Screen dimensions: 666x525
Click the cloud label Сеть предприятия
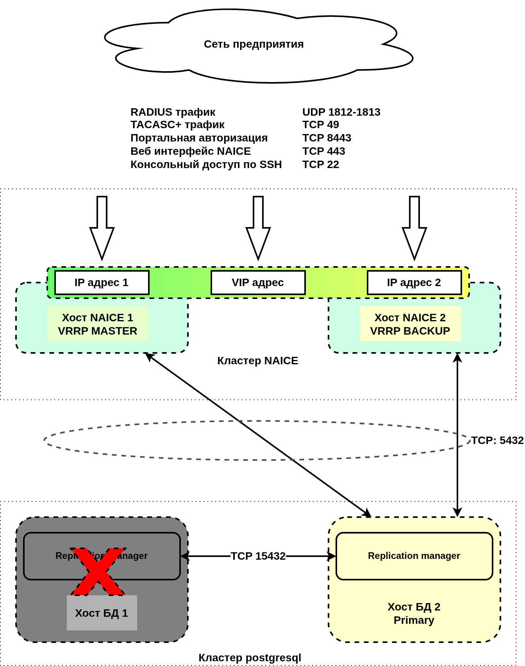(x=254, y=44)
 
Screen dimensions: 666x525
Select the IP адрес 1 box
(x=102, y=283)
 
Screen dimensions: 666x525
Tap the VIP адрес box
(x=258, y=283)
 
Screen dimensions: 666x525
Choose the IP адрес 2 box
(x=414, y=283)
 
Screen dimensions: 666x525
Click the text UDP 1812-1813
(x=341, y=112)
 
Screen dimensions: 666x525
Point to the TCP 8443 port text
(x=327, y=138)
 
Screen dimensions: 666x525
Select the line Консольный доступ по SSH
(x=206, y=165)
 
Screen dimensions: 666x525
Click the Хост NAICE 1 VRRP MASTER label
(x=98, y=324)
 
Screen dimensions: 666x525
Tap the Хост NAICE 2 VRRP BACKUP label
(x=410, y=324)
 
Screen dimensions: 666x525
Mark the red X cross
(x=98, y=571)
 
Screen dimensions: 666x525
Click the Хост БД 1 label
(x=102, y=613)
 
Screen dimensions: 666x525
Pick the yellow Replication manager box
(x=414, y=556)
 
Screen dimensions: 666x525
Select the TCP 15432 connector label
(x=258, y=556)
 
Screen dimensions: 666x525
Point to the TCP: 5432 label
(x=497, y=440)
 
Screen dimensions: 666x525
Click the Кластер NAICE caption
(x=257, y=361)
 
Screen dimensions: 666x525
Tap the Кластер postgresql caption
(x=250, y=658)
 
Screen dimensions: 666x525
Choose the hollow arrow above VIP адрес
(x=258, y=228)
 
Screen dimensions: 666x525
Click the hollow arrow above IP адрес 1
(x=102, y=228)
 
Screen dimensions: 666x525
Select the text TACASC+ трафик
(x=177, y=125)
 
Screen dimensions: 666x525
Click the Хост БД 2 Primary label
(x=414, y=613)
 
